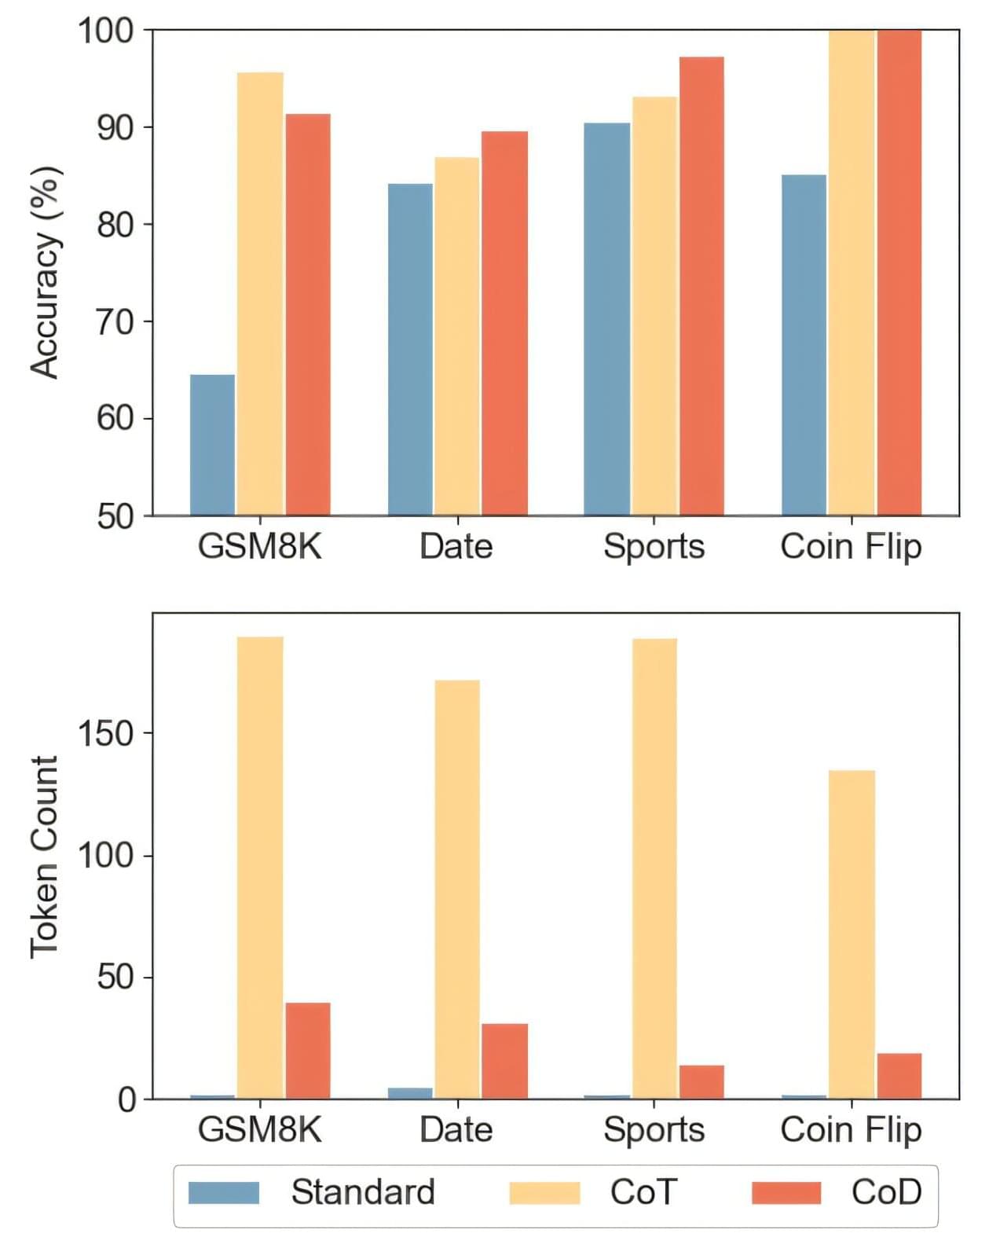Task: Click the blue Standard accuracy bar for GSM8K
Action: tap(212, 445)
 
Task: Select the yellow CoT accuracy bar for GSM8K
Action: tap(260, 294)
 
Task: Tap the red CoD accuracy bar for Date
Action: tap(504, 323)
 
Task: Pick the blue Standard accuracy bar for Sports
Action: tap(606, 319)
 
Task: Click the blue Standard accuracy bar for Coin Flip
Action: tap(804, 345)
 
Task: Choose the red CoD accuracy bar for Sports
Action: tap(701, 286)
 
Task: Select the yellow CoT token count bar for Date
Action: tap(457, 889)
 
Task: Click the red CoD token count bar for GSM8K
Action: tap(308, 1050)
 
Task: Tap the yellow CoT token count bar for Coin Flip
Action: tap(852, 934)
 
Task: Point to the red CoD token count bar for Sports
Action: tap(701, 1081)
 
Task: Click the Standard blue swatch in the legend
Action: tap(224, 1192)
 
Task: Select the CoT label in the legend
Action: tap(643, 1192)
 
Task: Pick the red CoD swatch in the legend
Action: tap(786, 1192)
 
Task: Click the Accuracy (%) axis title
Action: tap(45, 273)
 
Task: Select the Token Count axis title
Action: tap(45, 857)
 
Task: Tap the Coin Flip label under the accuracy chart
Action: tap(851, 546)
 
